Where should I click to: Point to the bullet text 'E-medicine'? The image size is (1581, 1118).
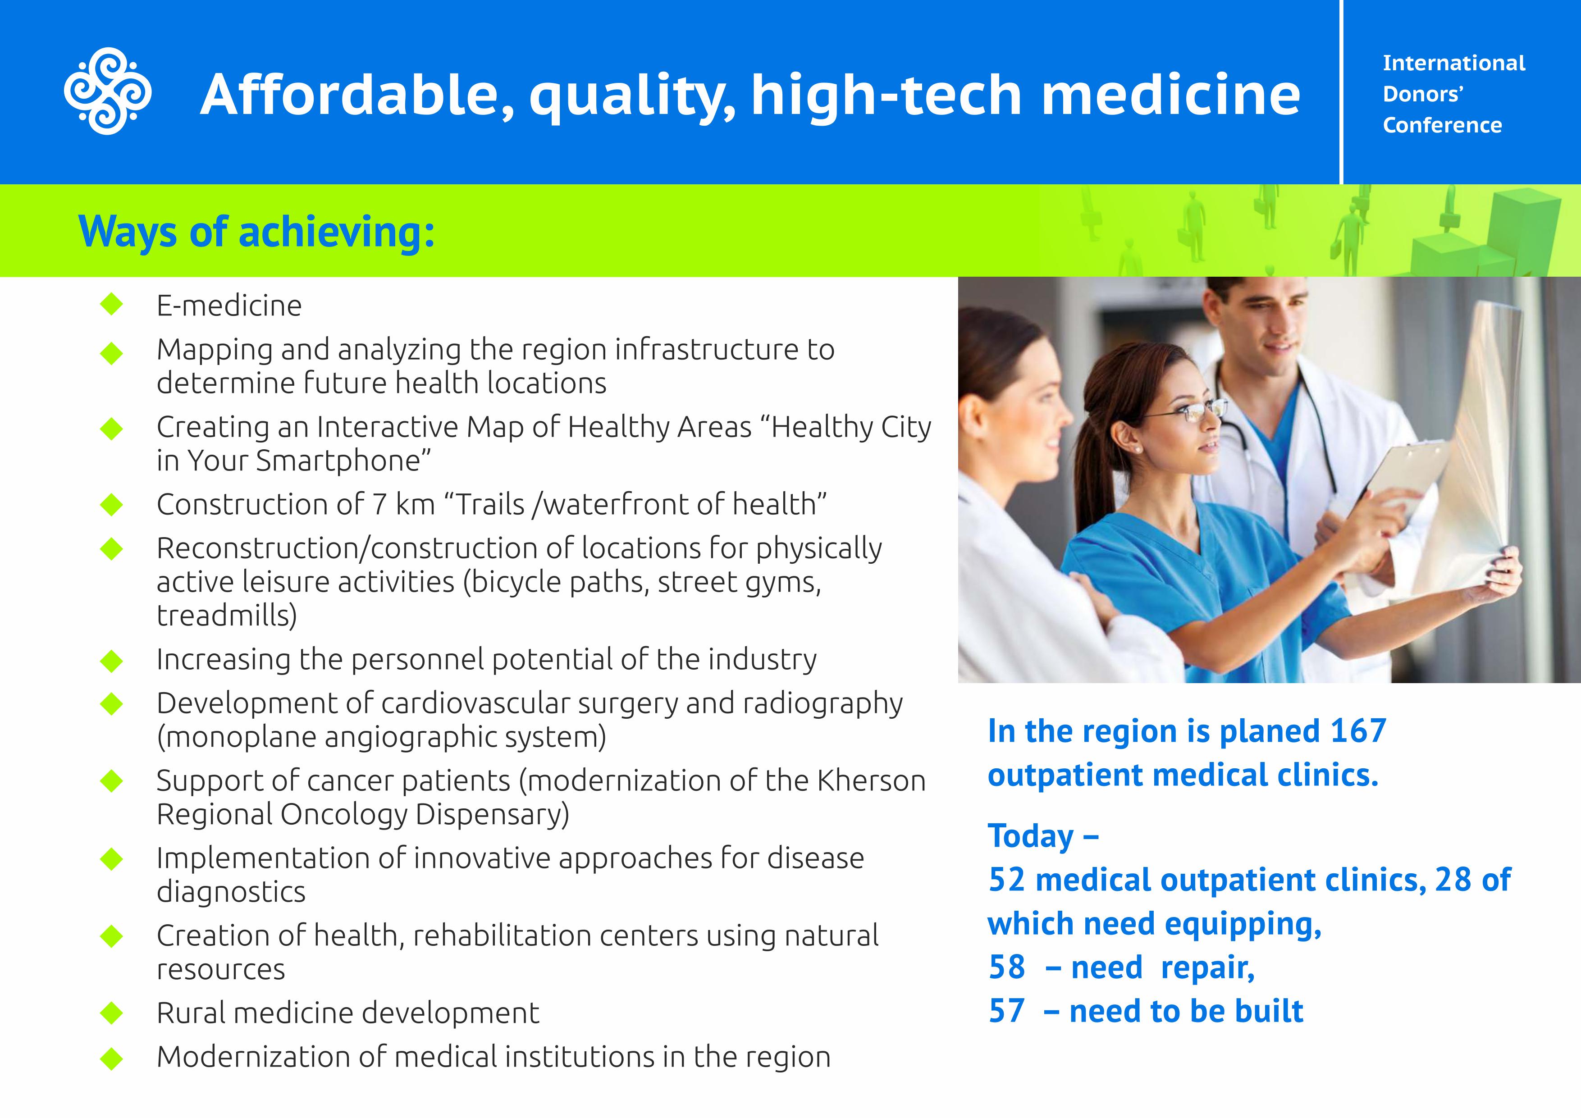click(229, 306)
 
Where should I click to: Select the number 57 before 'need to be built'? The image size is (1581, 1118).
click(1007, 1011)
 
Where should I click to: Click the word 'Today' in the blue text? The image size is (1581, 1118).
click(1031, 836)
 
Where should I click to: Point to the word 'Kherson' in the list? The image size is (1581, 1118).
click(872, 780)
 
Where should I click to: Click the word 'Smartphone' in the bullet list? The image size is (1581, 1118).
click(338, 461)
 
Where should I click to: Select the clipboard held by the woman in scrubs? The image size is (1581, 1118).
click(1405, 475)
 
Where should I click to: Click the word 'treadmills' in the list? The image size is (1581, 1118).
click(227, 615)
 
